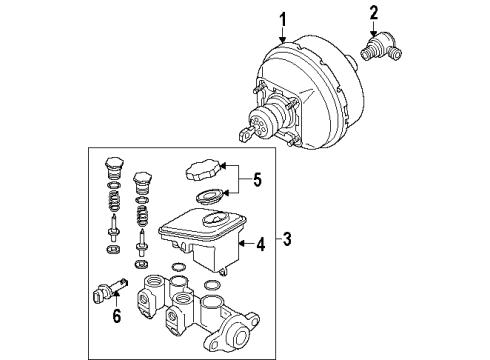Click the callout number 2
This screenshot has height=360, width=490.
[374, 12]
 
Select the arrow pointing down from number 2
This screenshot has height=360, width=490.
[374, 26]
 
